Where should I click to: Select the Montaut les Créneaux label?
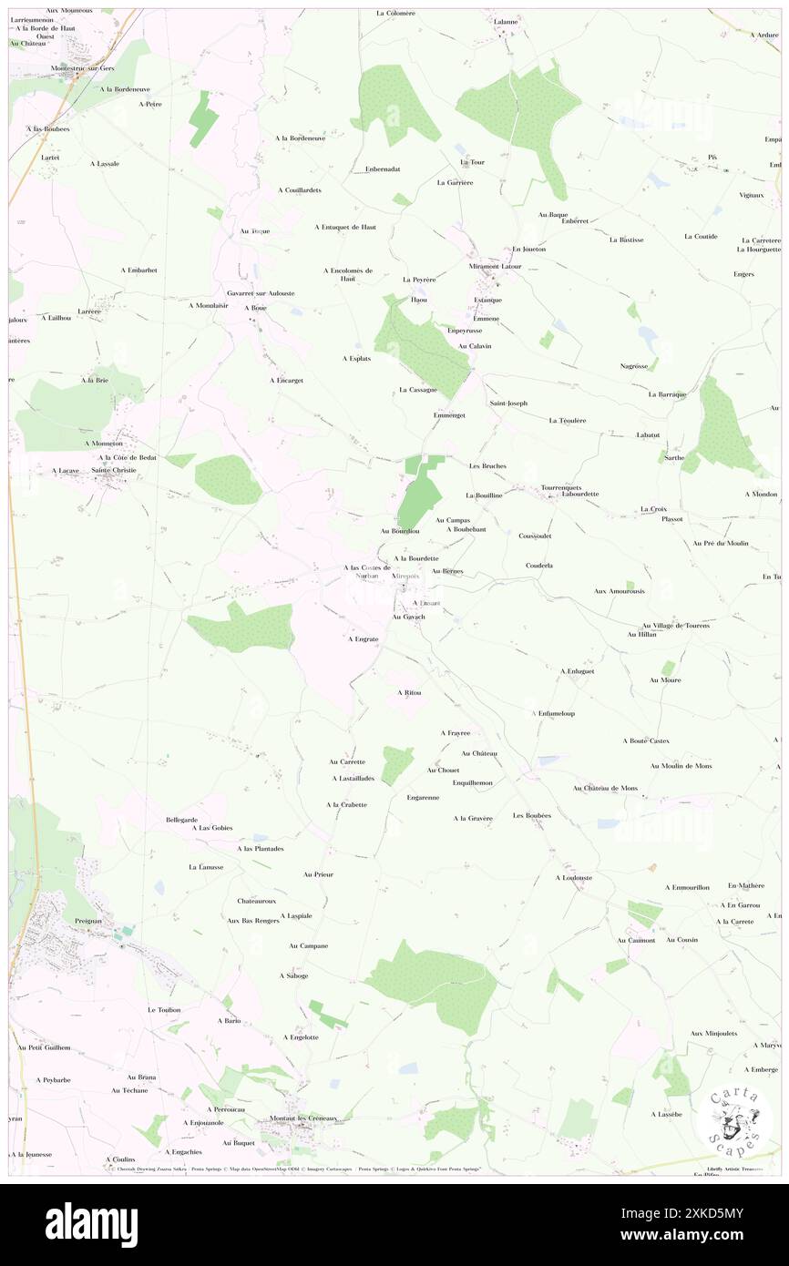point(303,1118)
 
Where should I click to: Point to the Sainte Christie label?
point(112,470)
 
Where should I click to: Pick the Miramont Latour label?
point(495,266)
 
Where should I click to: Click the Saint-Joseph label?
point(508,403)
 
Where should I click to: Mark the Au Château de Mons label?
point(605,788)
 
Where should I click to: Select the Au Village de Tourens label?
point(675,626)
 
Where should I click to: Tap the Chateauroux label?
point(256,901)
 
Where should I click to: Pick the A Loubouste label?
point(574,878)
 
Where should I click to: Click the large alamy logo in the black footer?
point(91,1225)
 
